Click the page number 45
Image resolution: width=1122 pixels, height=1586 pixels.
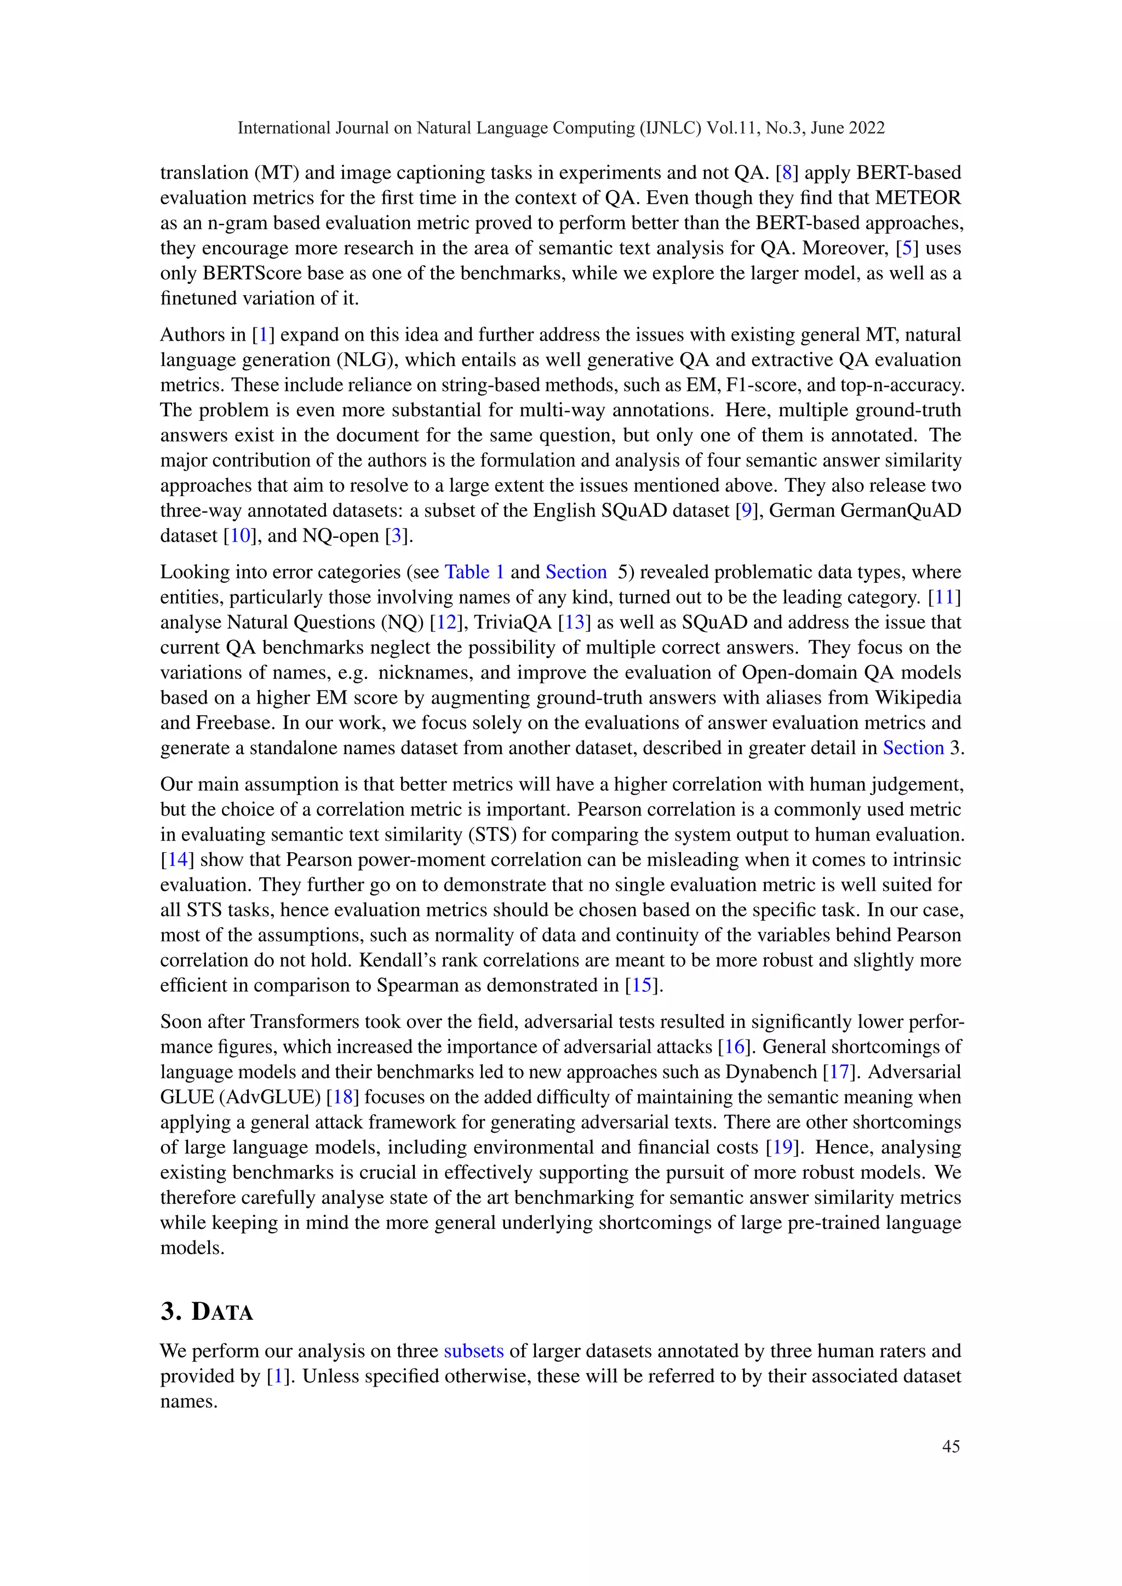(x=951, y=1446)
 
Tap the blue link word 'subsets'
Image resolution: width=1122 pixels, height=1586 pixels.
(x=473, y=1351)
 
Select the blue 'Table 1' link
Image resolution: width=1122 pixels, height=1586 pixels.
(x=474, y=572)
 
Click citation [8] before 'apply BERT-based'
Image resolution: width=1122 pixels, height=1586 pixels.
(x=786, y=173)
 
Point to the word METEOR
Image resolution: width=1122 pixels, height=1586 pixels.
(x=918, y=198)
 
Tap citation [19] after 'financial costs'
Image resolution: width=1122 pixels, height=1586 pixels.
(x=783, y=1147)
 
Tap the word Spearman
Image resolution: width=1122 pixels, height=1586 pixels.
(x=416, y=986)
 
